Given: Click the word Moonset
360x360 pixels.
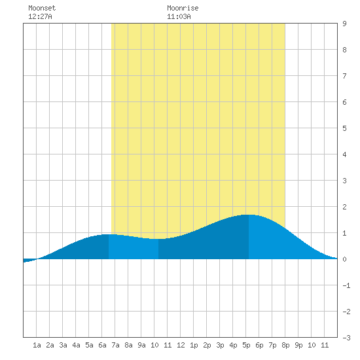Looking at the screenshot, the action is coord(42,8).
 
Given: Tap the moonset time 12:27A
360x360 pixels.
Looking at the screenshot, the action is coord(40,16).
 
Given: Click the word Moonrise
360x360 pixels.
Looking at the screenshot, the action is coord(183,8).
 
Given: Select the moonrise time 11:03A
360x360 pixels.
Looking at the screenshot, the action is coord(179,16).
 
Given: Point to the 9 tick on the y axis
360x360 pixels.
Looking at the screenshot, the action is coord(344,24).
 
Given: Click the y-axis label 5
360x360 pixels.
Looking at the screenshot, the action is coord(344,128).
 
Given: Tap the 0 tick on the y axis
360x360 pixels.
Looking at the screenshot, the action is coord(344,259).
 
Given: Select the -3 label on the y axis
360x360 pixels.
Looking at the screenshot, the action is coord(347,338).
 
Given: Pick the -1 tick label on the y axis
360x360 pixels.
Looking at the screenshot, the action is coord(347,285).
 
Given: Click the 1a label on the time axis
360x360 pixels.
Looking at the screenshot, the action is coord(37,345).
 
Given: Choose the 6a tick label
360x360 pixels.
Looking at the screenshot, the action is coord(102,345).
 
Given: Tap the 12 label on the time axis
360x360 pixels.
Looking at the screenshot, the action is coord(181,345).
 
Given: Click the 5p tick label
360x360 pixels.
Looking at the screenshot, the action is coord(246,345).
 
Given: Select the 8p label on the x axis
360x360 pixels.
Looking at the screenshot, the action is coord(285,345).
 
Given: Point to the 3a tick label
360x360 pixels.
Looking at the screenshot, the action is coord(63,345).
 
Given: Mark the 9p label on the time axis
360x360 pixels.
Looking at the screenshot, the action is coord(298,345).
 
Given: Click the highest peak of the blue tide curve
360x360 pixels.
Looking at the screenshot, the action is coord(249,215).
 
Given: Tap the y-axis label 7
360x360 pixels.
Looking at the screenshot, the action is coord(344,76).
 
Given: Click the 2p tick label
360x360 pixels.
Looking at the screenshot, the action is coord(207,345).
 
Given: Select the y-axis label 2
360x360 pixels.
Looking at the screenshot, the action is coord(344,207).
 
